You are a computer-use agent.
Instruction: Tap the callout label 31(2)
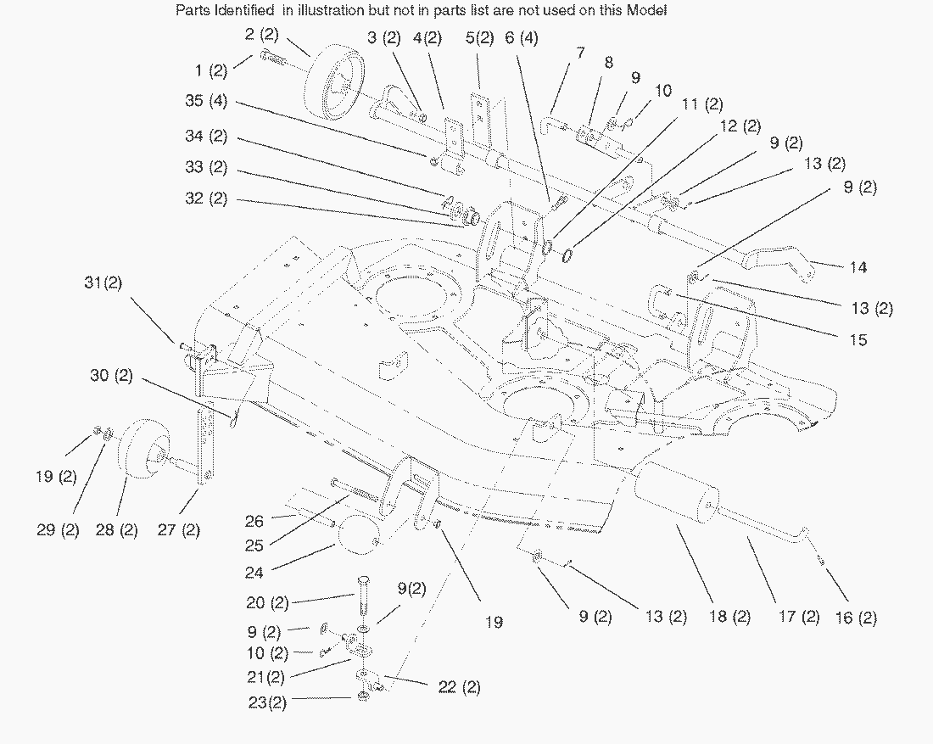(103, 282)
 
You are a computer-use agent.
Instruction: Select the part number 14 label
(858, 267)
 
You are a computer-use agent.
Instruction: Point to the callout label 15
(858, 340)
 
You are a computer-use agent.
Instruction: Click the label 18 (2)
(729, 618)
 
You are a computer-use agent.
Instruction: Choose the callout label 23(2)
(266, 703)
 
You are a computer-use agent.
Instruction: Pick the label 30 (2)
(111, 376)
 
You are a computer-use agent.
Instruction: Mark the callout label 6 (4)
(520, 38)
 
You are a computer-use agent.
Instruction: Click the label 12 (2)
(740, 127)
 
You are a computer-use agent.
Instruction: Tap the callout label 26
(254, 521)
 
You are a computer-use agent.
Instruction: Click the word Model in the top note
(647, 11)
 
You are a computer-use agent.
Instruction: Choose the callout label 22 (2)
(460, 687)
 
